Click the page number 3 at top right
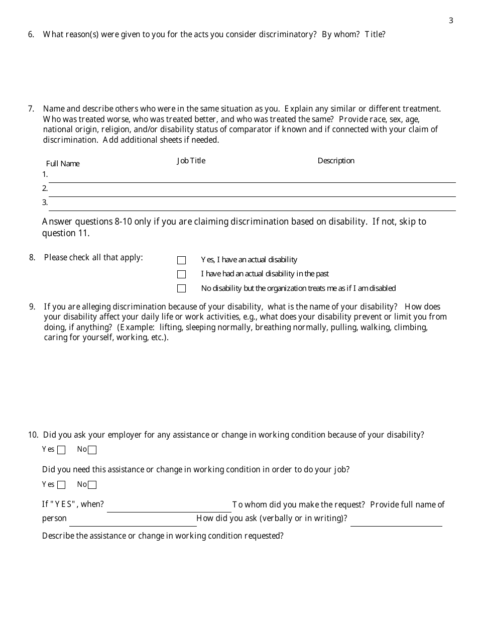pyautogui.click(x=451, y=21)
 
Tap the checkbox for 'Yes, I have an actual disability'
pyautogui.click(x=181, y=260)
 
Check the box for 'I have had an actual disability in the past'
pyautogui.click(x=181, y=274)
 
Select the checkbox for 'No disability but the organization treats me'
pyautogui.click(x=181, y=288)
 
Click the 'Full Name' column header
pyautogui.click(x=63, y=164)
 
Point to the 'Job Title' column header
pyautogui.click(x=191, y=161)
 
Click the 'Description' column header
pyautogui.click(x=336, y=161)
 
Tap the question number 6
pyautogui.click(x=31, y=35)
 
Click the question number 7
pyautogui.click(x=31, y=109)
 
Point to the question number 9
pyautogui.click(x=32, y=306)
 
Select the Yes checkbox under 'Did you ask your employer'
pyautogui.click(x=61, y=450)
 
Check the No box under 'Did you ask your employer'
pyautogui.click(x=92, y=450)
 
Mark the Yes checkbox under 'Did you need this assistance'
pyautogui.click(x=61, y=485)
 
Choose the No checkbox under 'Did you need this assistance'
pyautogui.click(x=92, y=485)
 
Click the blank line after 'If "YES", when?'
pyautogui.click(x=169, y=507)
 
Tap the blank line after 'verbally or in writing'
pyautogui.click(x=396, y=522)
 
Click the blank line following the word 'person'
pyautogui.click(x=133, y=522)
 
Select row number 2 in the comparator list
pyautogui.click(x=45, y=188)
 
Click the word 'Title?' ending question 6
pyautogui.click(x=375, y=35)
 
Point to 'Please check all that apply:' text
pyautogui.click(x=93, y=258)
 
